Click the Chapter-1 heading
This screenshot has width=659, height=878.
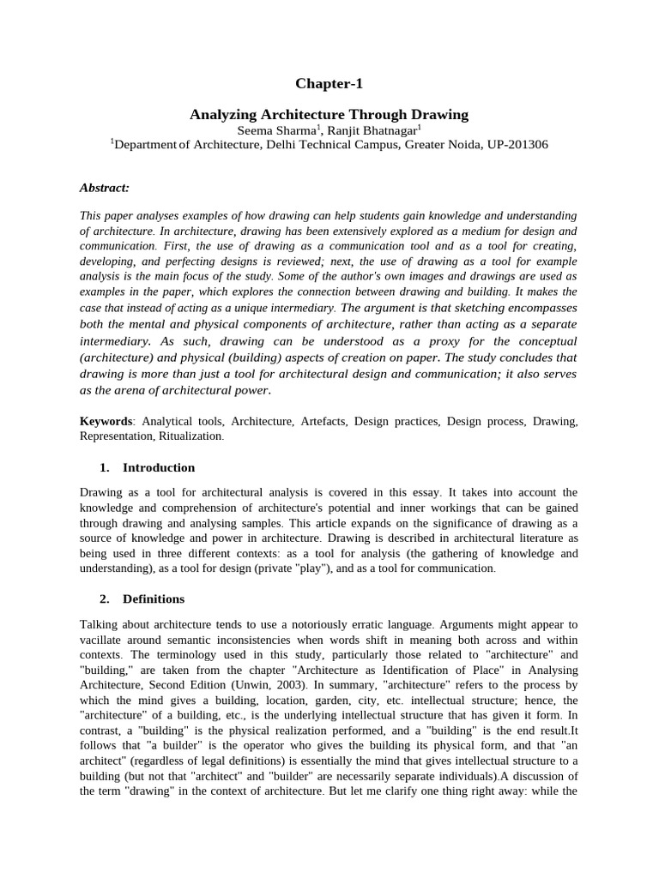click(329, 83)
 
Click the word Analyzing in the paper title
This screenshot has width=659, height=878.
click(221, 114)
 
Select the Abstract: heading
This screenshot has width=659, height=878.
click(104, 187)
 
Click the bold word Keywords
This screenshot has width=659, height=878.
click(106, 422)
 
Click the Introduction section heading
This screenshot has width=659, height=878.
click(159, 468)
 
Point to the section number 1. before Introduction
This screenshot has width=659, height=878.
click(105, 468)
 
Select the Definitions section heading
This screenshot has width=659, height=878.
click(154, 598)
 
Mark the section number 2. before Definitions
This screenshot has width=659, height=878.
click(105, 598)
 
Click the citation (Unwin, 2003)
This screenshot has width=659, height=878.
click(270, 684)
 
